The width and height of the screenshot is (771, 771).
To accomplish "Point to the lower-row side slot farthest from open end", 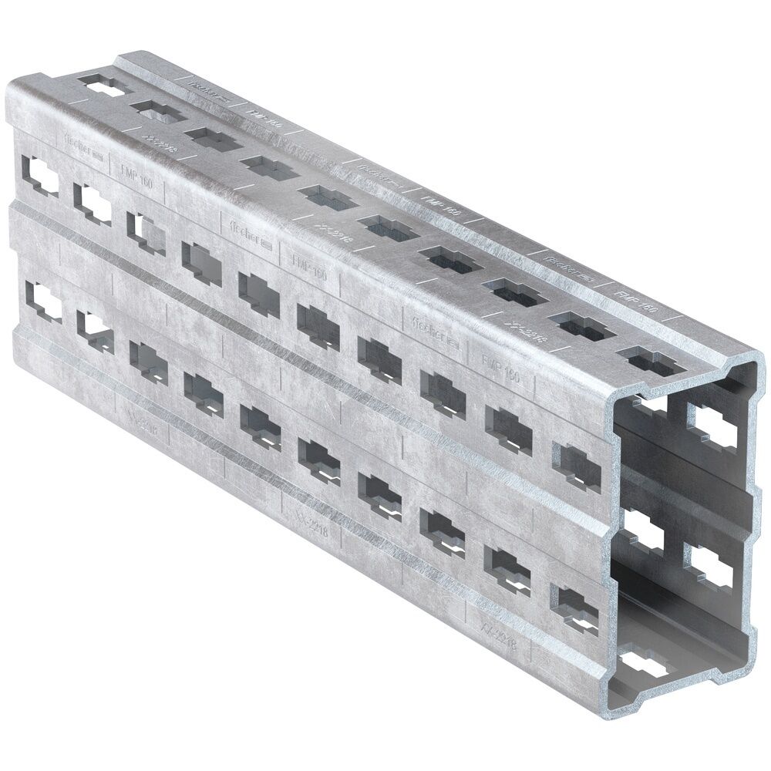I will (x=42, y=303).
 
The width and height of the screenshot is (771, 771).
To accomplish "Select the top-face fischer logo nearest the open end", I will (x=567, y=264).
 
